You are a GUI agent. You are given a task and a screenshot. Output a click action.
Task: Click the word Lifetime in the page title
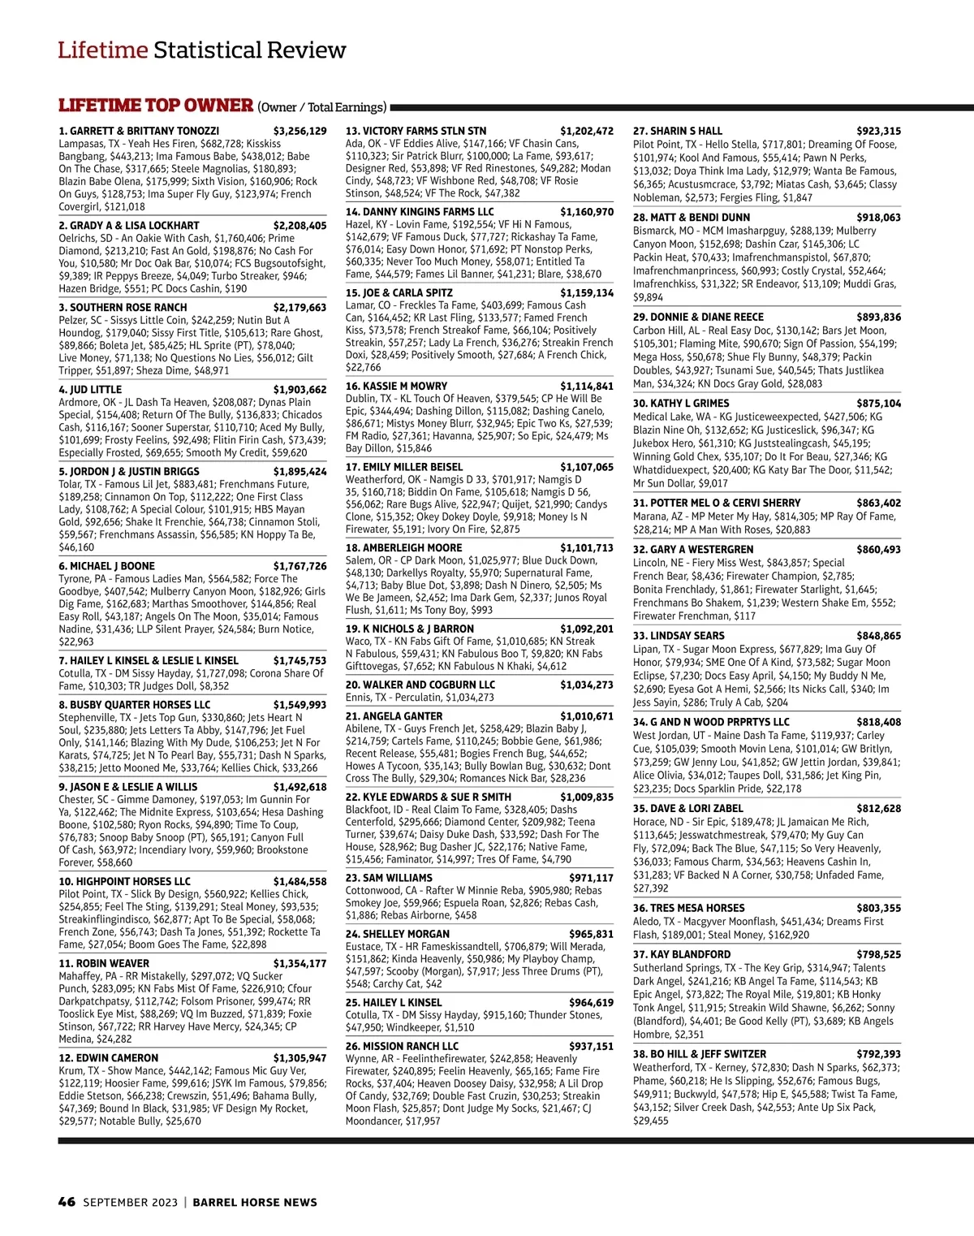[x=102, y=50]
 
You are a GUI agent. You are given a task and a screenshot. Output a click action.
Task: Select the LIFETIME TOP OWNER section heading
[x=156, y=106]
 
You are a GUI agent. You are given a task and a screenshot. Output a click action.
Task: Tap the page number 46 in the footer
[x=67, y=1202]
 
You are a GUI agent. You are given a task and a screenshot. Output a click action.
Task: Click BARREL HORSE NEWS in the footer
[x=255, y=1202]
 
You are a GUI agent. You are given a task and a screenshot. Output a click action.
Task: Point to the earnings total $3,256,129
[x=300, y=131]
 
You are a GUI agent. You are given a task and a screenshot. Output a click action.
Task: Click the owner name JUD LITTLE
[x=96, y=390]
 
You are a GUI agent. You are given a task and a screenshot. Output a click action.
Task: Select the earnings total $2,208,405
[x=300, y=226]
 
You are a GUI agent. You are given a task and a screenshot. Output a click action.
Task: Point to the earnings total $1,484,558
[x=300, y=881]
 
